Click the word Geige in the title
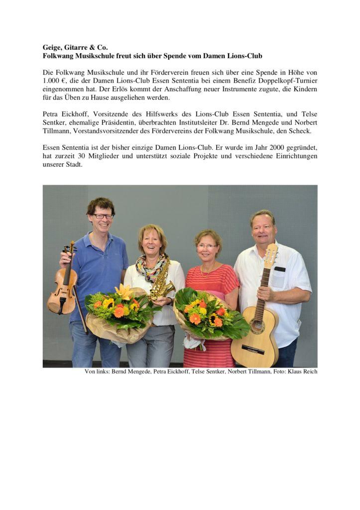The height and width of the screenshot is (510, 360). tap(51, 47)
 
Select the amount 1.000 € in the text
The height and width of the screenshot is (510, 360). tap(53, 81)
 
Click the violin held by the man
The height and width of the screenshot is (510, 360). tap(63, 289)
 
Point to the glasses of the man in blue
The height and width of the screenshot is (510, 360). tap(103, 216)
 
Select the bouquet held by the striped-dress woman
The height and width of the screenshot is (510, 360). tap(209, 314)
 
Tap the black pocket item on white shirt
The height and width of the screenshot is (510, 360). tap(280, 269)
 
